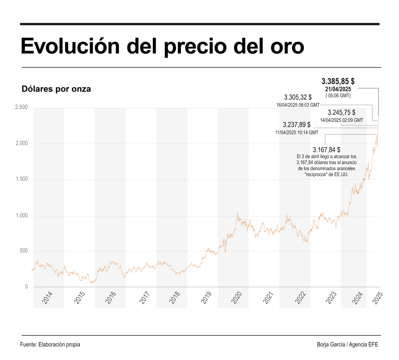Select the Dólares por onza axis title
[x=56, y=89]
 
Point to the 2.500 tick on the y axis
[x=21, y=107]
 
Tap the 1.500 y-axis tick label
[x=21, y=179]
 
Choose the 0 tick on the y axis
[x=26, y=287]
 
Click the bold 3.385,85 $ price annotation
[x=338, y=81]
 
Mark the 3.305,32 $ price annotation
[x=298, y=97]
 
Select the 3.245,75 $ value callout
[x=341, y=113]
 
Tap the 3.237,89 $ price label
[x=297, y=125]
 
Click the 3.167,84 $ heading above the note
[x=326, y=150]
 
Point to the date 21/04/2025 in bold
[x=338, y=89]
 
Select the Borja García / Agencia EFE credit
[x=348, y=344]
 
